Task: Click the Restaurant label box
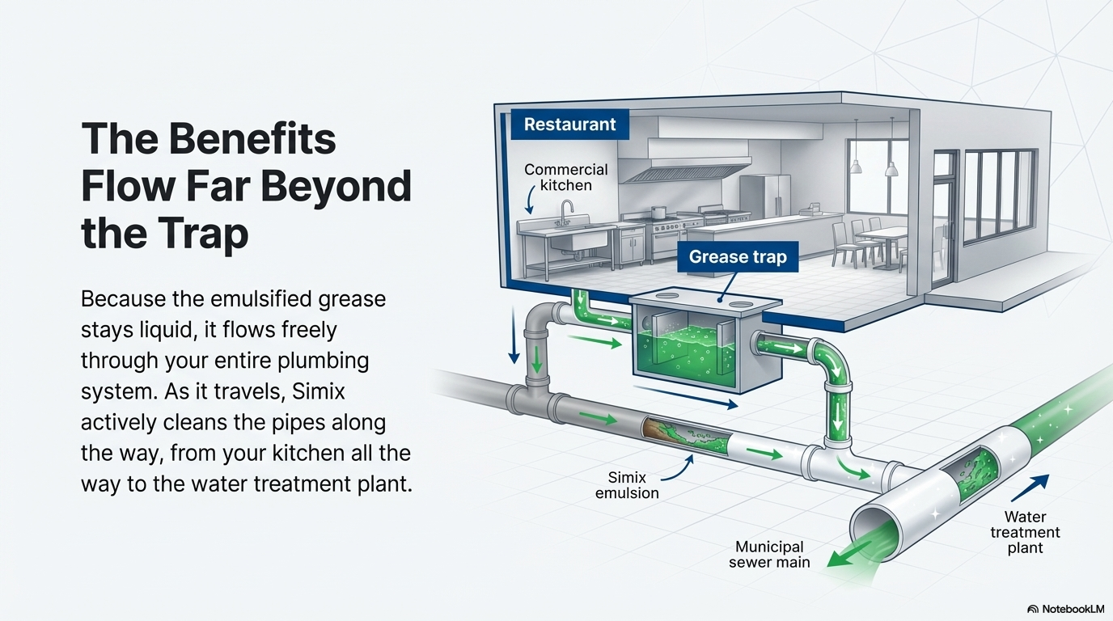point(569,125)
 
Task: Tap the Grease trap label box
point(737,257)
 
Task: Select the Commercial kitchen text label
point(565,177)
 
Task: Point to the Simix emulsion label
point(627,485)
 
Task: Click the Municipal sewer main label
point(769,555)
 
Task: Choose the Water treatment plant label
point(1025,532)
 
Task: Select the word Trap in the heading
point(197,234)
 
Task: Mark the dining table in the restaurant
point(883,235)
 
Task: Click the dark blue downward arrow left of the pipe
point(513,339)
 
